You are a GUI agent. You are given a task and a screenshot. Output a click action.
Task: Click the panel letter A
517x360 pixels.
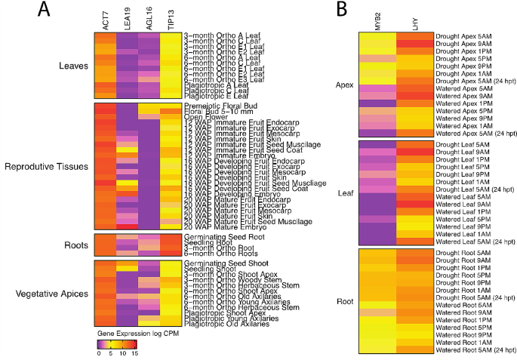[x=24, y=11]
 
